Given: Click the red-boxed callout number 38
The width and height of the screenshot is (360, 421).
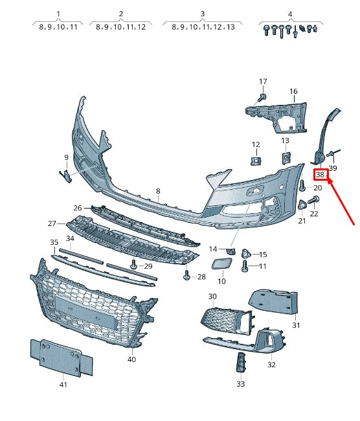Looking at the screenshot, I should pyautogui.click(x=320, y=175).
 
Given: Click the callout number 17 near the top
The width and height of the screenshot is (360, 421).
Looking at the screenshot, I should pyautogui.click(x=263, y=82).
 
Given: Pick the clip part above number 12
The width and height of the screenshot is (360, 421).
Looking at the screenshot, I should pyautogui.click(x=256, y=159).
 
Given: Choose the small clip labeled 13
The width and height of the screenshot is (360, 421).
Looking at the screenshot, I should pyautogui.click(x=285, y=156).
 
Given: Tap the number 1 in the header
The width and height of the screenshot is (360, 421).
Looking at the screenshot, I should pyautogui.click(x=58, y=14).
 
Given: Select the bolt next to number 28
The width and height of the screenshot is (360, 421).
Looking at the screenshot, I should pyautogui.click(x=186, y=277).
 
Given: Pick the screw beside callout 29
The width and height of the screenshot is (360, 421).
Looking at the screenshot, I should pyautogui.click(x=133, y=264).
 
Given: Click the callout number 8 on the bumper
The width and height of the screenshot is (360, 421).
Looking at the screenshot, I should pyautogui.click(x=157, y=192).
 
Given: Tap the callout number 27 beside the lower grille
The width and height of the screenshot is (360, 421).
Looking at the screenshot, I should pyautogui.click(x=52, y=223).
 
